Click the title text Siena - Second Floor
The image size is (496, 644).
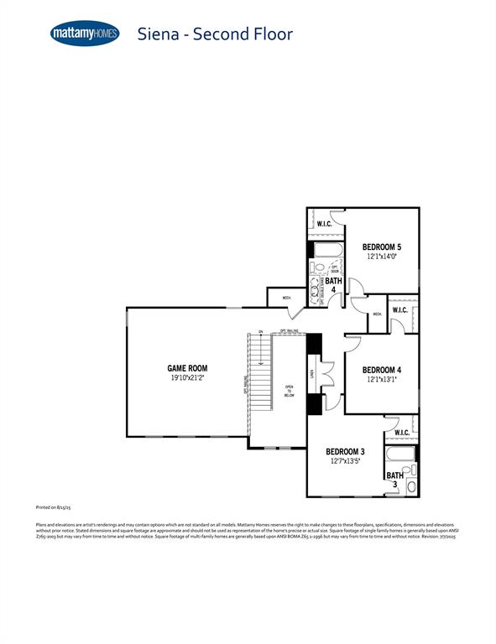click(215, 34)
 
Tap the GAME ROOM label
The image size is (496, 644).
click(187, 368)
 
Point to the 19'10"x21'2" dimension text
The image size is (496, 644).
click(187, 378)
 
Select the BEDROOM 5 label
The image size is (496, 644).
click(382, 247)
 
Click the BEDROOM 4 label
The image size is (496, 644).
click(382, 370)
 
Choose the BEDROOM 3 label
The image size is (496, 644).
click(346, 452)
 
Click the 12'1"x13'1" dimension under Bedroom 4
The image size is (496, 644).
click(382, 380)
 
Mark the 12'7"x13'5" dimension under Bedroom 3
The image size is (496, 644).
click(346, 462)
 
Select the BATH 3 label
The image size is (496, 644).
click(391, 480)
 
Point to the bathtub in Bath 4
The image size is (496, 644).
click(325, 250)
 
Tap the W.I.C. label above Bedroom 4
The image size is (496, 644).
click(399, 310)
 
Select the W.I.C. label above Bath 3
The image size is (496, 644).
click(401, 433)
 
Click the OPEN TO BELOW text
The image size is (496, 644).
click(289, 391)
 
